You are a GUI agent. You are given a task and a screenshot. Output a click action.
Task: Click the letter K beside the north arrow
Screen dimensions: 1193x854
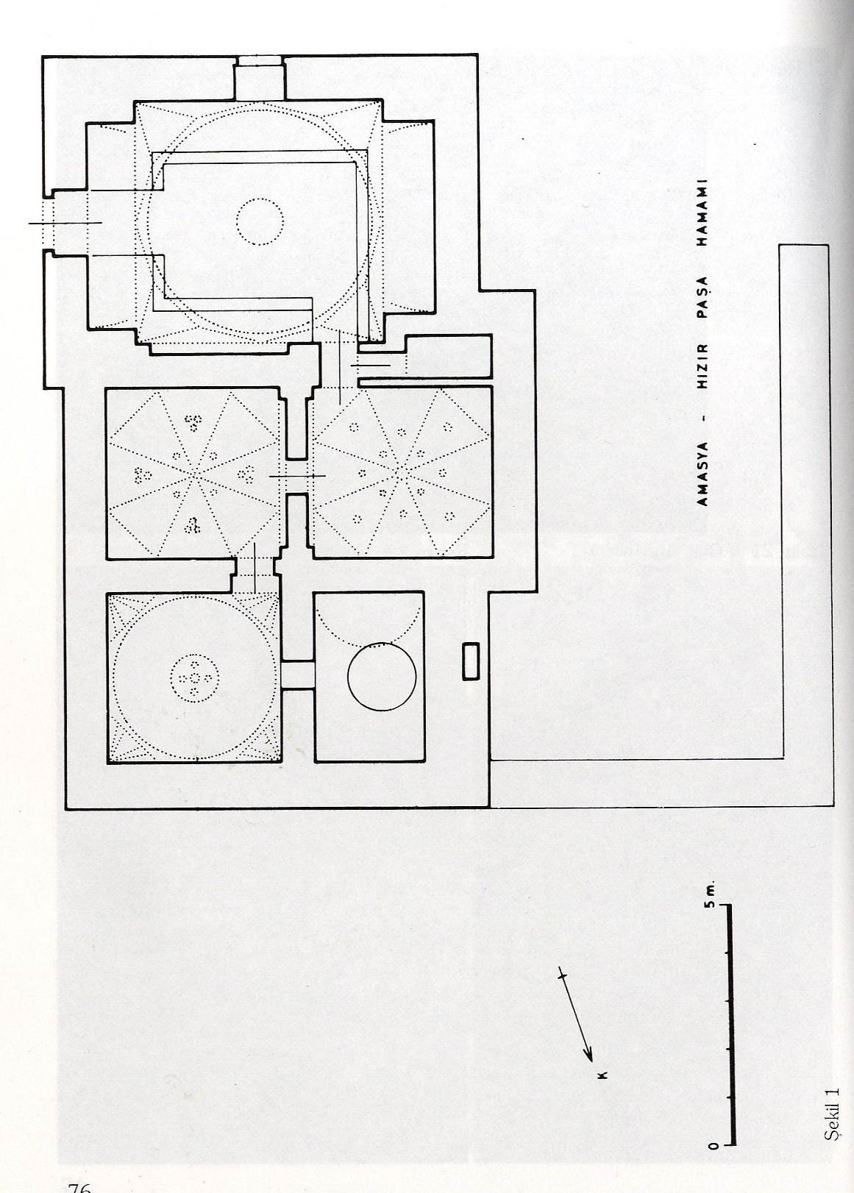click(x=602, y=1075)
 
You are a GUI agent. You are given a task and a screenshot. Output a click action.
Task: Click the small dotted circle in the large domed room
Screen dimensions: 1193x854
click(x=260, y=221)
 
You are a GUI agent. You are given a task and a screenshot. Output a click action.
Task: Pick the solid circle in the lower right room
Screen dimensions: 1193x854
click(x=382, y=676)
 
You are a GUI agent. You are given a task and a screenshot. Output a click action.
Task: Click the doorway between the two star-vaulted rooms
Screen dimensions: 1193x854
click(x=297, y=477)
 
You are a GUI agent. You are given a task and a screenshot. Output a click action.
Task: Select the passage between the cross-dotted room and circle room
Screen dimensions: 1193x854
click(x=297, y=674)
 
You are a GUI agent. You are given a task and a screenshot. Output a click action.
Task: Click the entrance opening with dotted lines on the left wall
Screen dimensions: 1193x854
click(x=67, y=222)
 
